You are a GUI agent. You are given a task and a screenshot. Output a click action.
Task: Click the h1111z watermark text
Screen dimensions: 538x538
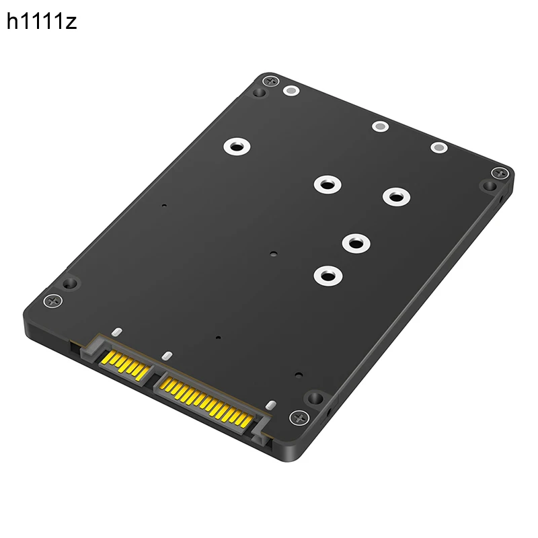tap(42, 22)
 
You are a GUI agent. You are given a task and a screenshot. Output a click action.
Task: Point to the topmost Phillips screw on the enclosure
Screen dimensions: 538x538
tap(270, 81)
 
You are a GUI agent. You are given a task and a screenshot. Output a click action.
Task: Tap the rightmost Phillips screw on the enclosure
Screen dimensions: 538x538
tap(498, 173)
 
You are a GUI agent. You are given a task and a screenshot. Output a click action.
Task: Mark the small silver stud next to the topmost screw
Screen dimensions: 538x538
tap(291, 90)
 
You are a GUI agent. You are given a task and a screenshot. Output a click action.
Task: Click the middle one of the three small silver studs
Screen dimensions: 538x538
tap(380, 126)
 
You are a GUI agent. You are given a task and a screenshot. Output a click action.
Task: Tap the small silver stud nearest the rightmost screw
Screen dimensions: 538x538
tap(438, 147)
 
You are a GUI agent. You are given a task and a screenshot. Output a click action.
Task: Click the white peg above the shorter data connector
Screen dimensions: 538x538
tap(116, 332)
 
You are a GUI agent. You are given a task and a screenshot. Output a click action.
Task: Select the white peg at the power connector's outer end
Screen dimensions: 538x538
tap(271, 406)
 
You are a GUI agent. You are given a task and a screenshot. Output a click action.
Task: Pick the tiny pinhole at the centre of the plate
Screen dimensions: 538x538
tap(272, 255)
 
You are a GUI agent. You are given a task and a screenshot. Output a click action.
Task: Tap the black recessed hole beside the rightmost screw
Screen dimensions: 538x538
tap(488, 186)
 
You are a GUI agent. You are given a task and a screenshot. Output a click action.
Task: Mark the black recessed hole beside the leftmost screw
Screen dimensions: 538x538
tap(69, 283)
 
